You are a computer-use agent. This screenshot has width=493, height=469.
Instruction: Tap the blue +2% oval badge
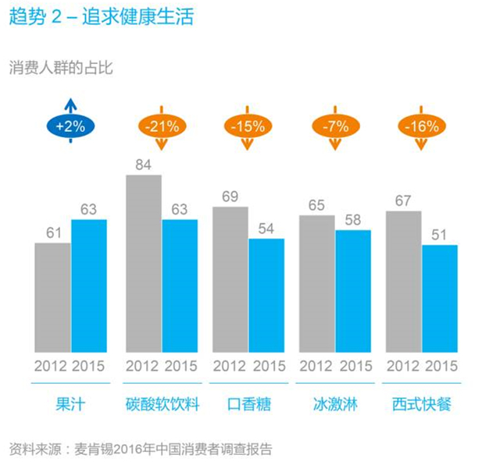point(70,125)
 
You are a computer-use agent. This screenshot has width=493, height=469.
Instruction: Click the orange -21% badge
point(162,125)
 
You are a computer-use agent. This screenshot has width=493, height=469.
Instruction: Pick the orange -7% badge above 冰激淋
point(335,125)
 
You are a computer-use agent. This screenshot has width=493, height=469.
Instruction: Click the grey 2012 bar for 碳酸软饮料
point(144,262)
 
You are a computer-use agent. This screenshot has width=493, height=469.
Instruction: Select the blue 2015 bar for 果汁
point(88,285)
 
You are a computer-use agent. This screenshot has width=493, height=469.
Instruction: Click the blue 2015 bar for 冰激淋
point(353,290)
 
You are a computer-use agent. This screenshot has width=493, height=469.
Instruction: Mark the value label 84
point(143,165)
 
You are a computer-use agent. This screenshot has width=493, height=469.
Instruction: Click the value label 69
point(230,197)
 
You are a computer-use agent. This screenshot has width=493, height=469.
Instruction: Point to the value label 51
point(440,235)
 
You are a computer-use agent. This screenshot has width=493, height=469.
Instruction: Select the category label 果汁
point(70,405)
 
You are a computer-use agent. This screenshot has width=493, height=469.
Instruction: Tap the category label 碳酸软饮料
point(162,405)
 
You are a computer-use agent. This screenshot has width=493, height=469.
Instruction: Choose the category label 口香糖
point(248,405)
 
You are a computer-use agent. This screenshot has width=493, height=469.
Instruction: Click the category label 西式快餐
point(422,405)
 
